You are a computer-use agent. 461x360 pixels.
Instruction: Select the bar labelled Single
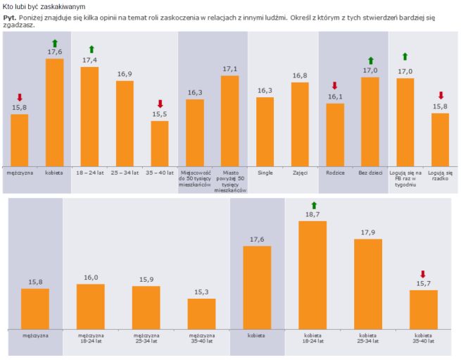(x=265, y=131)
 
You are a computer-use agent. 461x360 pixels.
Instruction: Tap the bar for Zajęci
(x=300, y=124)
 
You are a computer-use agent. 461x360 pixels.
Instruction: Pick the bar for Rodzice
(x=335, y=135)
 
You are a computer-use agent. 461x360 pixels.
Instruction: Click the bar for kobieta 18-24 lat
(x=313, y=275)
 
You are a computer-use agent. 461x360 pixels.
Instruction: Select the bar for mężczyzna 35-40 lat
(x=201, y=314)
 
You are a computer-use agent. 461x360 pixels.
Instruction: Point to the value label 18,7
(x=313, y=214)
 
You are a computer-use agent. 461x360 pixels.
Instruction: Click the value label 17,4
(x=89, y=61)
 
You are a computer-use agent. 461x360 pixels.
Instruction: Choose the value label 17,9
(x=368, y=232)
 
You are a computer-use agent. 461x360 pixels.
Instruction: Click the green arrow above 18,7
(x=313, y=204)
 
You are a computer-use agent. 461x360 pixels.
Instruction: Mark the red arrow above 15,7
(x=423, y=274)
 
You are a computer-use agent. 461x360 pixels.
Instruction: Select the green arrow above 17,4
(x=90, y=49)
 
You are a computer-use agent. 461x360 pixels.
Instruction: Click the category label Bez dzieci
(x=370, y=172)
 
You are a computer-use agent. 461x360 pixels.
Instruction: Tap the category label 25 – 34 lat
(x=125, y=172)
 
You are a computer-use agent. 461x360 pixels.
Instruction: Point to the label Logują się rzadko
(x=440, y=175)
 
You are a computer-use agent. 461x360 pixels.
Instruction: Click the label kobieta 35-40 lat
(x=423, y=338)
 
